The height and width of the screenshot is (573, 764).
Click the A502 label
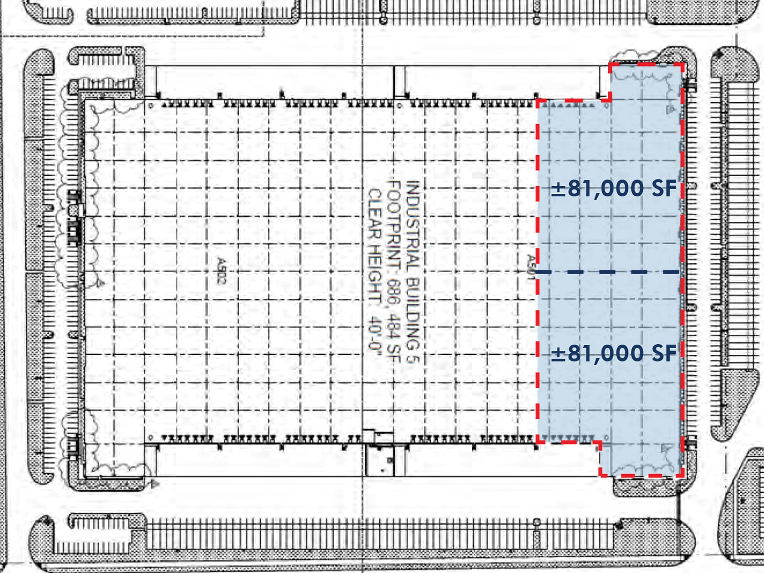coord(221,271)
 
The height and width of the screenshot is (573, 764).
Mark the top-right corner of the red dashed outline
coord(683,64)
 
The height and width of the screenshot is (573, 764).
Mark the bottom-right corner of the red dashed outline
coord(683,476)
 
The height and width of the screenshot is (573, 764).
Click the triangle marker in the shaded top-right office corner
coord(670,109)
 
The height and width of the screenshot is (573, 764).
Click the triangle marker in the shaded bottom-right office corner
coord(666,448)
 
